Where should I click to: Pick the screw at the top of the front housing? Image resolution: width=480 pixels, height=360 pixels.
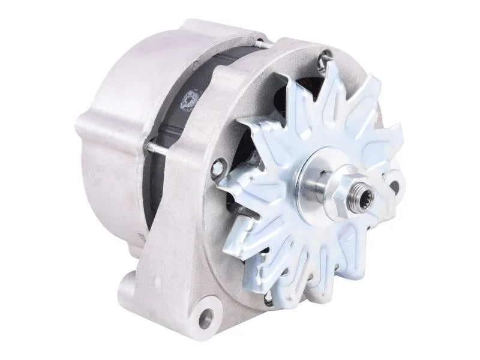click(x=325, y=59)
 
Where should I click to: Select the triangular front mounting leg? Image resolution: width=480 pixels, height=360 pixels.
click(x=180, y=252)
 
